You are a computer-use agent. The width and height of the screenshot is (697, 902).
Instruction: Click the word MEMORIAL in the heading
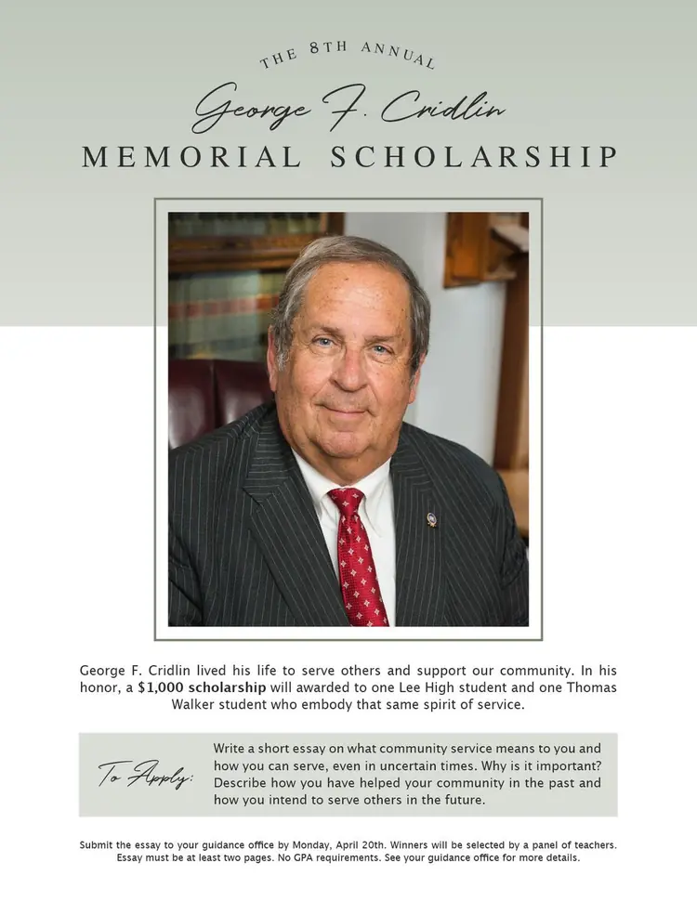click(x=191, y=157)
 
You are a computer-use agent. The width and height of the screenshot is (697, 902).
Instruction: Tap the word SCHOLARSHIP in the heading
click(x=474, y=157)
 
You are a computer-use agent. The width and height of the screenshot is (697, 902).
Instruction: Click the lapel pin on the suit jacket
click(x=431, y=519)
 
